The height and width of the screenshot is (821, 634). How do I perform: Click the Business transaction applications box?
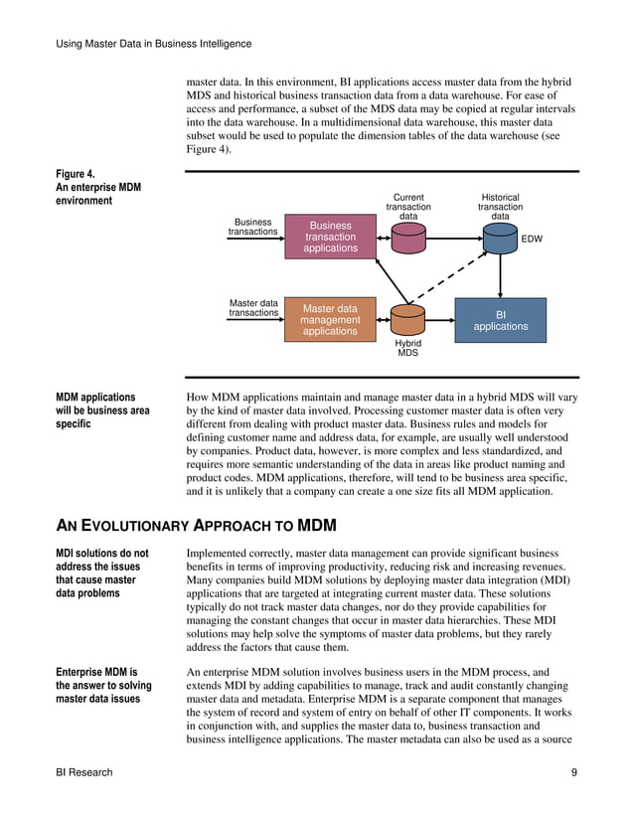pos(330,237)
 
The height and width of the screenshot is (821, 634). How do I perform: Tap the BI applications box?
pos(500,320)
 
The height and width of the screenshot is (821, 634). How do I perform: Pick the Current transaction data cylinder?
pos(408,237)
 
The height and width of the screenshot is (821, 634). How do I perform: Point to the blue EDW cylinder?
pos(500,238)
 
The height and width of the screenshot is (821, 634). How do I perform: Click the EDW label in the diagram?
pos(532,240)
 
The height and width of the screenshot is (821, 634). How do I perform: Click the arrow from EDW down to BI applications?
pos(500,274)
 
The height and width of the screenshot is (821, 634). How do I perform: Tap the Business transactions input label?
pos(252,227)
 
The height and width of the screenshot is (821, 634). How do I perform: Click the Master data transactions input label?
pos(253,308)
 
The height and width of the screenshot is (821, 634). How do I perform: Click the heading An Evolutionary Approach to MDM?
pos(196,524)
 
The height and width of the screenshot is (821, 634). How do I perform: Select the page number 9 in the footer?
pos(574,772)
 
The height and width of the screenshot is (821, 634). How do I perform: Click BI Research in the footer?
pos(84,772)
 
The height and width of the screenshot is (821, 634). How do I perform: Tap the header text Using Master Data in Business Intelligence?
pos(153,44)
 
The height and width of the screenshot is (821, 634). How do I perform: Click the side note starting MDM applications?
pos(102,410)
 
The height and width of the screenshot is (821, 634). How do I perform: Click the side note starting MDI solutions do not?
pos(101,574)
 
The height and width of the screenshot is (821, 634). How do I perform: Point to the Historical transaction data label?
pos(500,207)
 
